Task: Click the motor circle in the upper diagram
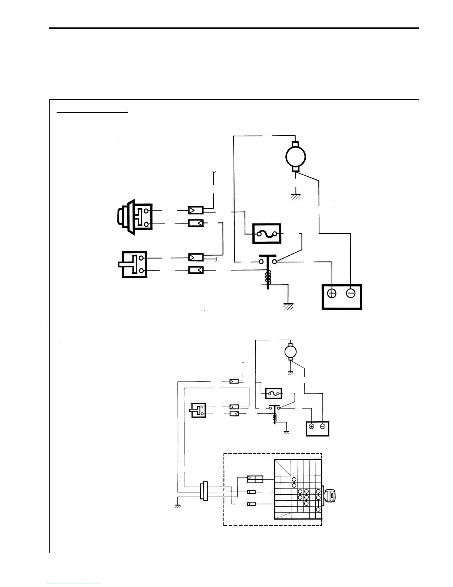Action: (x=295, y=157)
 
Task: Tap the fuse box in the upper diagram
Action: (x=267, y=233)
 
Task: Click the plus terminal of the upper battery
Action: (x=332, y=293)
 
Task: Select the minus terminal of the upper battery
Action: (x=350, y=293)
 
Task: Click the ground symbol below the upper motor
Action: (x=295, y=196)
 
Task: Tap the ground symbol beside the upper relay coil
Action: (x=288, y=305)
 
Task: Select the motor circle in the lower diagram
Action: (x=290, y=351)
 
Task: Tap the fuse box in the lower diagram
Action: (x=274, y=393)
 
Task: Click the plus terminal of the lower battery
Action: (x=311, y=427)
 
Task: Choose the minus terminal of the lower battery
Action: (x=323, y=427)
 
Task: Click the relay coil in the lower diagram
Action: (x=275, y=417)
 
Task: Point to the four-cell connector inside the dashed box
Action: (x=255, y=479)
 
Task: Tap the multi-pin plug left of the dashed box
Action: (x=204, y=491)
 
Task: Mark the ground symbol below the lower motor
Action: (x=291, y=372)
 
